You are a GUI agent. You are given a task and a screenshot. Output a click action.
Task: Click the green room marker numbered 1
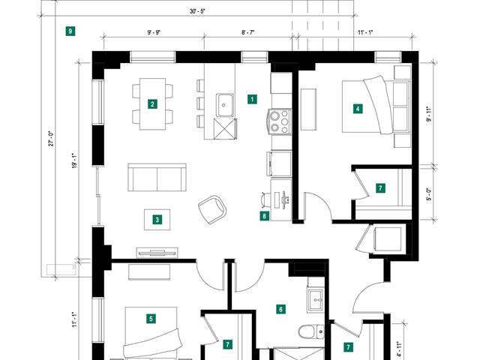coord(252,99)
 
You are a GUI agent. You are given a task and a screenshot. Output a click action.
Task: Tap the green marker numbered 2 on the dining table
coord(152,104)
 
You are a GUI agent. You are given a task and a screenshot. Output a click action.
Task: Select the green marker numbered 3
coord(157,220)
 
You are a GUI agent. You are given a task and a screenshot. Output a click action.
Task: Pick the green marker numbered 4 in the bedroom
coord(358,109)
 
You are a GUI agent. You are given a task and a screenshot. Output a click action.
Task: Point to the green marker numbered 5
coord(151,319)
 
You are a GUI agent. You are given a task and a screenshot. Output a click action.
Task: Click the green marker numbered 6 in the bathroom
coord(280,309)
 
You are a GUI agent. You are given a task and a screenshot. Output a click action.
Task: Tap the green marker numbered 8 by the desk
coord(265,216)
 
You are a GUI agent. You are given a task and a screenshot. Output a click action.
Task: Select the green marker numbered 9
coord(70,31)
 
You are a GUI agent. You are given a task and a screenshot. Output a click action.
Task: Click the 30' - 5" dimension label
coord(197,11)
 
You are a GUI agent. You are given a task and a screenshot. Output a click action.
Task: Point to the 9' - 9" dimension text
coord(154,32)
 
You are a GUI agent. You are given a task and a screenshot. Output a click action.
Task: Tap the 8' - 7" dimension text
coord(248,32)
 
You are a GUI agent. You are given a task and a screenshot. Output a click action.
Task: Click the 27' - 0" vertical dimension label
coord(51,139)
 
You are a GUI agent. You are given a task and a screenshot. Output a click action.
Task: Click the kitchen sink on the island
coord(225,105)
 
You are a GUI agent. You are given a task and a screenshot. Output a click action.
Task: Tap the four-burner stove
coord(279,121)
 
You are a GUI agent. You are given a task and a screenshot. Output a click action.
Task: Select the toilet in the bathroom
coord(312,331)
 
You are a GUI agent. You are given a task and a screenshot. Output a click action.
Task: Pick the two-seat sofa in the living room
coord(157,178)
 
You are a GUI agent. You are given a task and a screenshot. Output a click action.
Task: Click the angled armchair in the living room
coord(212,209)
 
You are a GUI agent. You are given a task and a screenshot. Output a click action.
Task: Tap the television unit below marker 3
coord(157,252)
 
